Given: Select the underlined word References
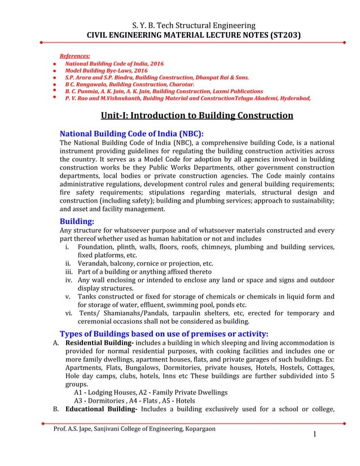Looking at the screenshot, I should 74,57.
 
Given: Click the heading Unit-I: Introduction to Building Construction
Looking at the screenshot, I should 196,116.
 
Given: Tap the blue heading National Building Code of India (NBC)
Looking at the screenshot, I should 131,134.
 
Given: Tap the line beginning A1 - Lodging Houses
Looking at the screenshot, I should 151,392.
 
